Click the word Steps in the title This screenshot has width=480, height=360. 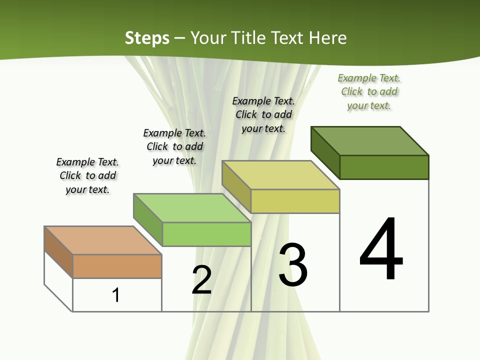tap(147, 38)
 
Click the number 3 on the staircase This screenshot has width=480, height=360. tap(293, 264)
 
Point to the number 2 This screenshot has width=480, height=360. tap(202, 279)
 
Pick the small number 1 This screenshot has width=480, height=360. tap(116, 295)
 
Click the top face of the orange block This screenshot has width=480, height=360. tap(103, 240)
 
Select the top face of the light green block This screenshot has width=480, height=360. tap(192, 208)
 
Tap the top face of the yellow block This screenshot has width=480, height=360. tap(280, 175)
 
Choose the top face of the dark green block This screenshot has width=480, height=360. tap(370, 140)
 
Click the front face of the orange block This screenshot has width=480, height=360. tap(117, 266)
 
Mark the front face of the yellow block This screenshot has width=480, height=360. tap(295, 201)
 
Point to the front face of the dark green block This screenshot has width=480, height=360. tap(384, 167)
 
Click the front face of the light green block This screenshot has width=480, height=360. tap(206, 234)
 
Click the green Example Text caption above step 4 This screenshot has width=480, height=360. tap(369, 91)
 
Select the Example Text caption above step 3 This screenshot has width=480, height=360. tap(263, 114)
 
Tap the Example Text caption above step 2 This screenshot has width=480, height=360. tap(174, 146)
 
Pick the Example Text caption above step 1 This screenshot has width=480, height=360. tap(87, 175)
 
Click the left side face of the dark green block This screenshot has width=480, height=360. tap(325, 152)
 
